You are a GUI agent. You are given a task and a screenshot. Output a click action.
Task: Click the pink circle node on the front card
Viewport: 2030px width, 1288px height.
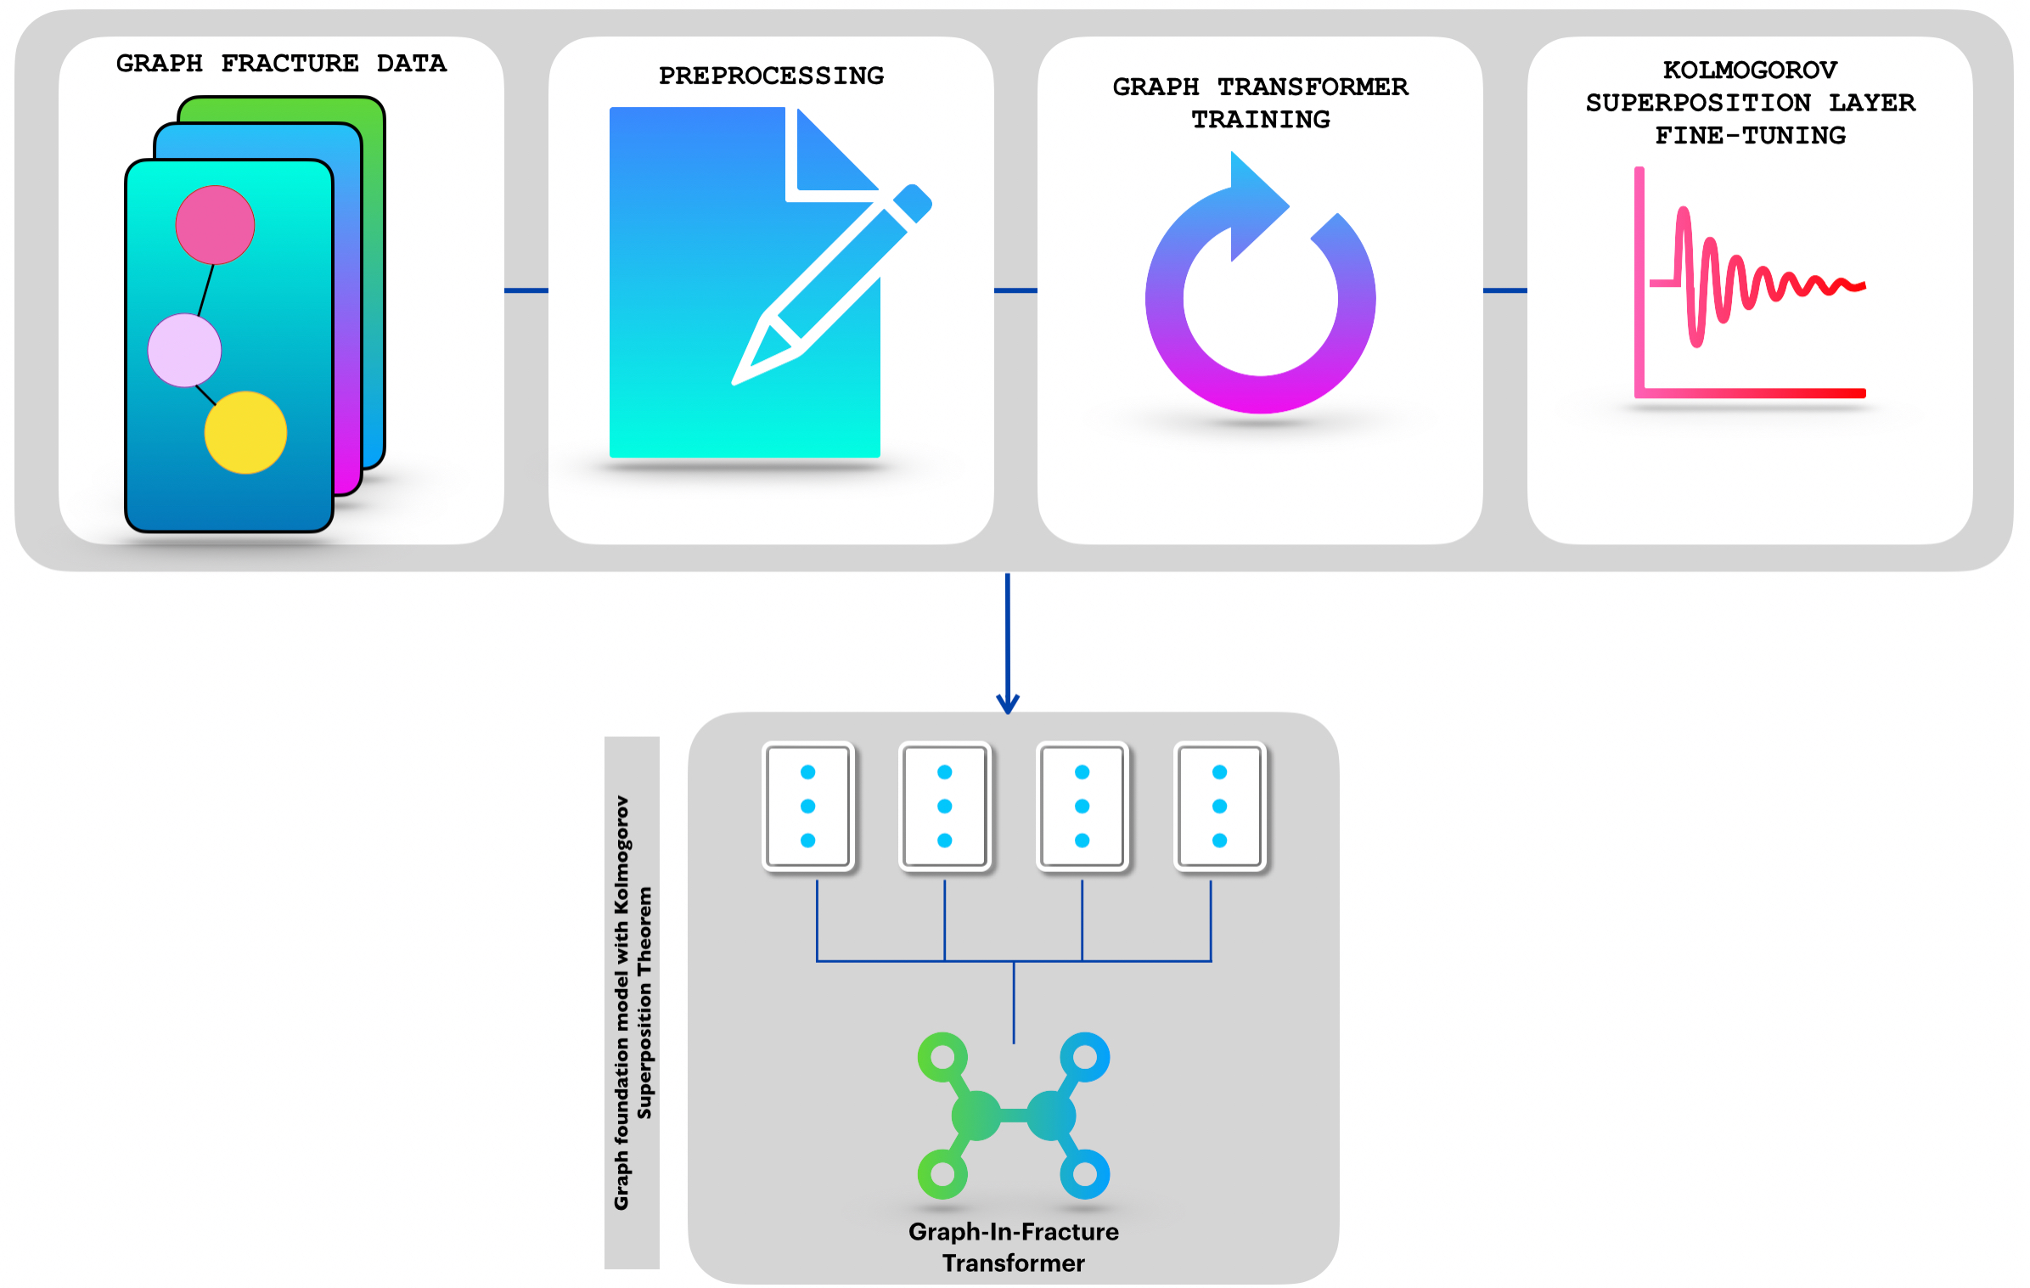215,225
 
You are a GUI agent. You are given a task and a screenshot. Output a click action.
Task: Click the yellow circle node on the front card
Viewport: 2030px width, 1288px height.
245,432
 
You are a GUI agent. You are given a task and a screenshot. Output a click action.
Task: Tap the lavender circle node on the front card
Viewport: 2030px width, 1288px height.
184,350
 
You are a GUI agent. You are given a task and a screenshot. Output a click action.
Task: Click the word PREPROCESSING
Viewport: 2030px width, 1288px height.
771,76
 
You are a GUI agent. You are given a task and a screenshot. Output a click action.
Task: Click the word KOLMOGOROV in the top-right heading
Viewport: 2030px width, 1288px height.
1749,70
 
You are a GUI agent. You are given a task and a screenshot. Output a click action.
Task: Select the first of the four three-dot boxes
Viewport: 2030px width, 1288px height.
807,806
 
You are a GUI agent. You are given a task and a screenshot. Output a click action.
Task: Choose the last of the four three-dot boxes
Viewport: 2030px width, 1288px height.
1219,806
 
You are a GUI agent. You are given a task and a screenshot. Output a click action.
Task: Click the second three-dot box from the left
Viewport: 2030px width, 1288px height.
944,806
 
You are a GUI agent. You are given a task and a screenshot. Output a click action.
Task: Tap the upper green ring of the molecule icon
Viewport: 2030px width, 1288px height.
942,1057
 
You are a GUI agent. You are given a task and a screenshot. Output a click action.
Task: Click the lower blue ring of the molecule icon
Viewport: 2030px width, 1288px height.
1084,1173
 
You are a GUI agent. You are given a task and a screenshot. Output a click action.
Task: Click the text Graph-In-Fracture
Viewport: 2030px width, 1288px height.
1013,1231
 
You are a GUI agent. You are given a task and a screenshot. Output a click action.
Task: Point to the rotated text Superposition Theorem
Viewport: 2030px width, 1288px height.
645,1002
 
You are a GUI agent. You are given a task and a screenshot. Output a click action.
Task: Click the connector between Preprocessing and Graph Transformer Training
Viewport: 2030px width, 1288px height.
1015,290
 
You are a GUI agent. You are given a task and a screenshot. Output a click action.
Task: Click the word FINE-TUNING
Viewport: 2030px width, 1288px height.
1749,135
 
